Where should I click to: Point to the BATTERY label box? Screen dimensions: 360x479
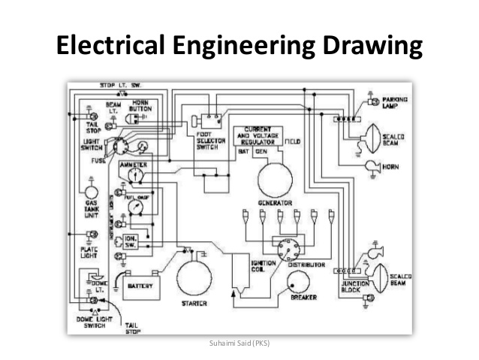point(141,286)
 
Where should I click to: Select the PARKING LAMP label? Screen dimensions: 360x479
point(395,103)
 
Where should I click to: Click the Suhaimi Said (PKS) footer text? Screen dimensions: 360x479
point(239,344)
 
